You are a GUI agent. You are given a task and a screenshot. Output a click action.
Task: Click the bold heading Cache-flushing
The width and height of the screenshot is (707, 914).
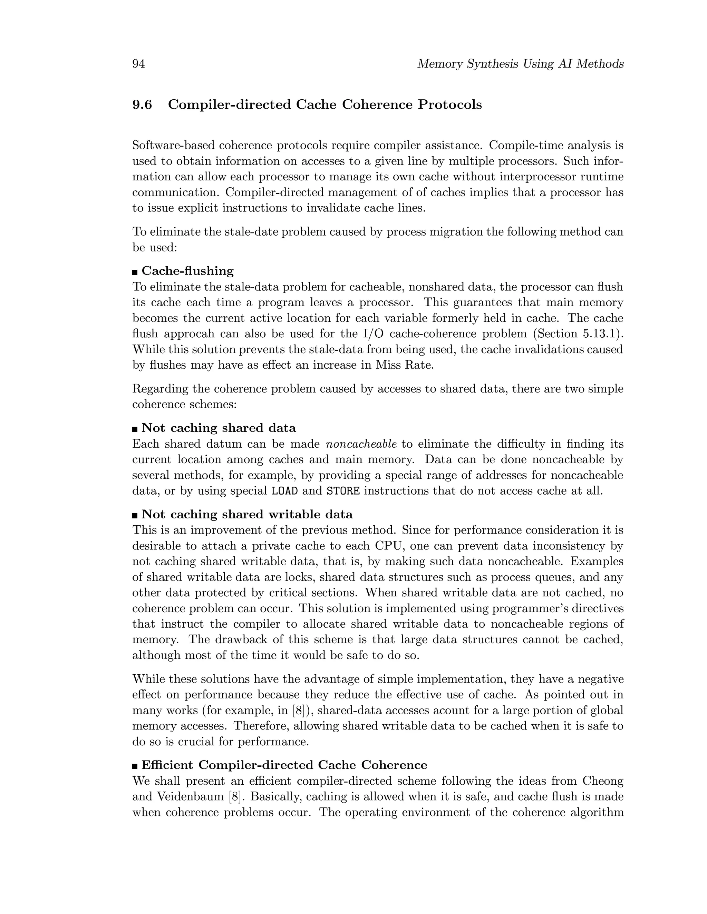click(x=188, y=271)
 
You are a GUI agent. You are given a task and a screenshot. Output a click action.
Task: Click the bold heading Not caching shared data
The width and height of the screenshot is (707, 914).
click(x=219, y=428)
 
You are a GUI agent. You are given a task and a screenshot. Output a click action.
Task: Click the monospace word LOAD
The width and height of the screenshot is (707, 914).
click(x=284, y=491)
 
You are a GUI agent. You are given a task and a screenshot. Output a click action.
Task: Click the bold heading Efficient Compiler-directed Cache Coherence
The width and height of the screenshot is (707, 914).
click(x=284, y=765)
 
